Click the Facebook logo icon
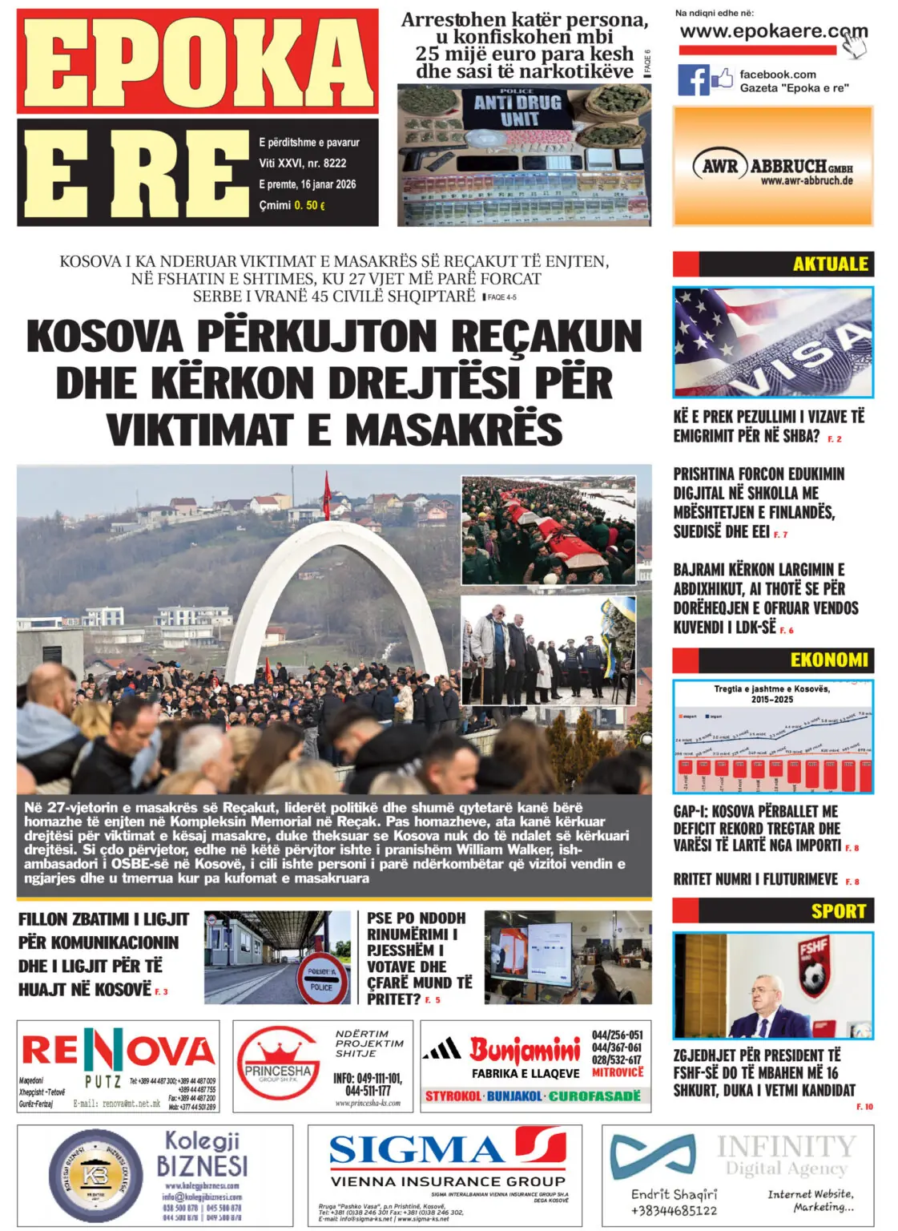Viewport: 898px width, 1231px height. [x=694, y=80]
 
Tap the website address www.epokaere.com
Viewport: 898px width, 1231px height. [x=772, y=33]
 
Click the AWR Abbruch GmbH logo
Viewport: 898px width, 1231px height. [x=772, y=167]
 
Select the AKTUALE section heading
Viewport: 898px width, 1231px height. [x=830, y=264]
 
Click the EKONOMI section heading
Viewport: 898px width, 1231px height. [x=828, y=660]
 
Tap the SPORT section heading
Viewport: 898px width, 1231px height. [x=838, y=910]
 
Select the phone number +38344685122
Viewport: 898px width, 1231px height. [x=674, y=1210]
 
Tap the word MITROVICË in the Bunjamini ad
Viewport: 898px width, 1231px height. [x=618, y=1072]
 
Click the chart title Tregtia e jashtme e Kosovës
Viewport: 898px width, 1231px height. [x=771, y=688]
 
